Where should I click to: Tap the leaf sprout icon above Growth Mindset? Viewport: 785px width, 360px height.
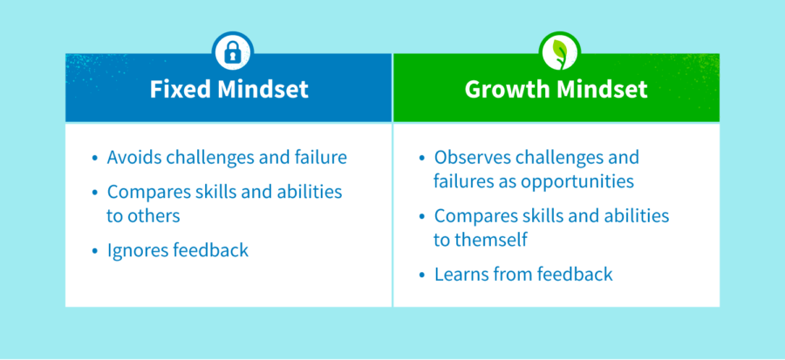(555, 53)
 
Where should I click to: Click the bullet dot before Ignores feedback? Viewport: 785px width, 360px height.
(95, 251)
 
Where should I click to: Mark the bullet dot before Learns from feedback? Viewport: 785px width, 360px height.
(422, 275)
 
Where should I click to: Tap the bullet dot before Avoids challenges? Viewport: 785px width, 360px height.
(95, 159)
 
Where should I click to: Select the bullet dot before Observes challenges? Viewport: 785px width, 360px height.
(422, 159)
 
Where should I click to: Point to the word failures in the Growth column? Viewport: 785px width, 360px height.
(462, 181)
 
